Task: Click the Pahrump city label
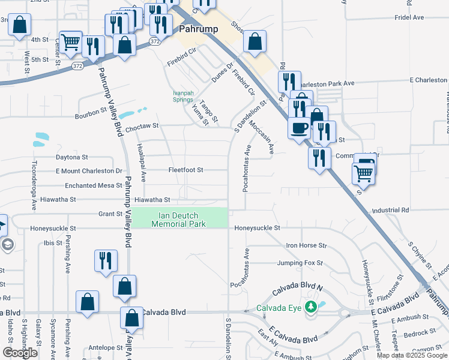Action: pos(199,28)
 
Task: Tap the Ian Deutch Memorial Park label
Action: pos(179,220)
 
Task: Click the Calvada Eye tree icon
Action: pos(310,308)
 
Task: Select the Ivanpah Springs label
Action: pos(182,96)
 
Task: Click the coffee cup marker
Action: pos(300,128)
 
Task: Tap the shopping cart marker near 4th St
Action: pos(71,41)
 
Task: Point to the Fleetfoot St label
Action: pos(186,170)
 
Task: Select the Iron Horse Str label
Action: pos(306,245)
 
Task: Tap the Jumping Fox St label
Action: pos(300,263)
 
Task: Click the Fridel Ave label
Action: pos(410,18)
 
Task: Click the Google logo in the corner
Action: pos(20,353)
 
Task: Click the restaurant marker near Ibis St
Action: pos(106,261)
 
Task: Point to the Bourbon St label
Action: pos(91,110)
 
